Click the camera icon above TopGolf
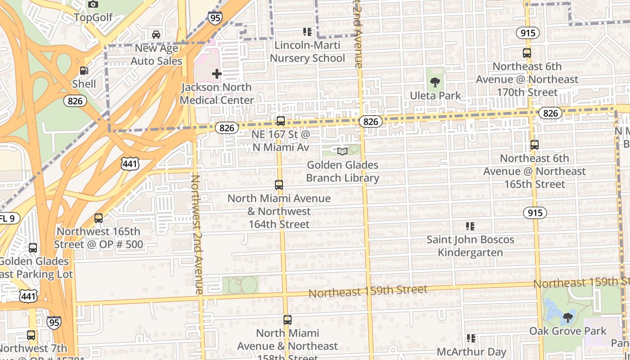[x=93, y=4]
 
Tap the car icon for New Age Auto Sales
[x=156, y=35]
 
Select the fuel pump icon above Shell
[x=84, y=71]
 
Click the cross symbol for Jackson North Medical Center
[x=217, y=74]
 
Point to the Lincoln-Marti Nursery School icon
[x=307, y=32]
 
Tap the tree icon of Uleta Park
[x=435, y=82]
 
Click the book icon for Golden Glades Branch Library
[x=342, y=152]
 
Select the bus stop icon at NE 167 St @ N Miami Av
[x=281, y=121]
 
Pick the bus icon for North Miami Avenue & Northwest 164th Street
[x=279, y=185]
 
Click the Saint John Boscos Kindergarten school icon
[x=470, y=226]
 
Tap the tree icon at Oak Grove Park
[x=568, y=318]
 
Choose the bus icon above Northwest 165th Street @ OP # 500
[x=99, y=218]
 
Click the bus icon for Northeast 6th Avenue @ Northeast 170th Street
[x=527, y=53]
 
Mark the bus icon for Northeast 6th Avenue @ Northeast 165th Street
[x=535, y=145]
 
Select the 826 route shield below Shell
[x=75, y=101]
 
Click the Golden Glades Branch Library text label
[x=342, y=171]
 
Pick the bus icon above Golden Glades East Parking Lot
[x=33, y=248]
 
